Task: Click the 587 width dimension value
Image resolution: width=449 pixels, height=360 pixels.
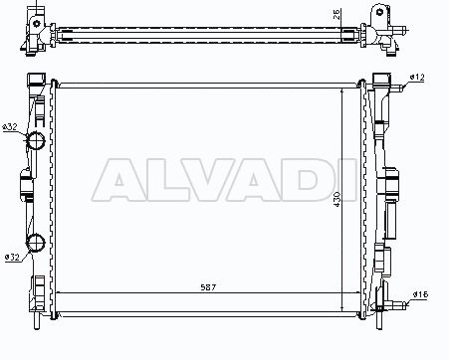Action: [208, 287]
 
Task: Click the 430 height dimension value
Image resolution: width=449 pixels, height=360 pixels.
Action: [337, 199]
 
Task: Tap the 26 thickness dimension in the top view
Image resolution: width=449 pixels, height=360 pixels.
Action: [337, 15]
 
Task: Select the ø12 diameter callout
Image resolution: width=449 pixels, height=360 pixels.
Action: [417, 78]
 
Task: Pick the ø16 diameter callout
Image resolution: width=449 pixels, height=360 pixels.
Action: [421, 294]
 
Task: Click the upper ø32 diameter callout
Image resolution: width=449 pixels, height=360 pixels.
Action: [10, 127]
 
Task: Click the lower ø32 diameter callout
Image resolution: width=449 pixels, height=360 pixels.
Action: [12, 257]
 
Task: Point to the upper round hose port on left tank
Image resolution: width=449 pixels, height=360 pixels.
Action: [36, 141]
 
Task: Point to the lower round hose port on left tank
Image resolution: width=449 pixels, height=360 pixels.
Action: [36, 243]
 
